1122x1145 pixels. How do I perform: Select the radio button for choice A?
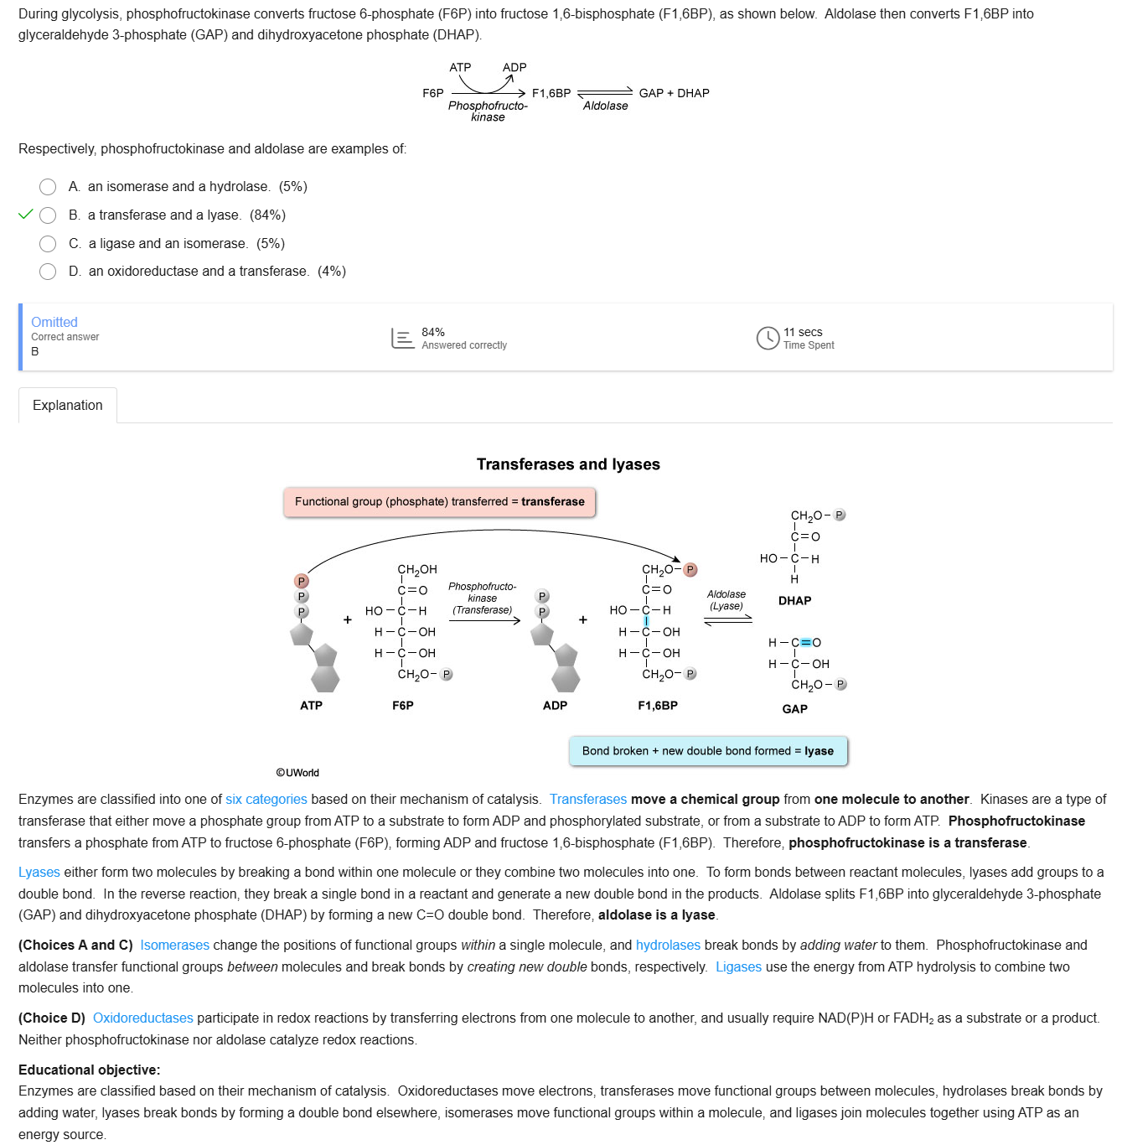point(48,187)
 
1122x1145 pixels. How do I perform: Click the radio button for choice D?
point(48,272)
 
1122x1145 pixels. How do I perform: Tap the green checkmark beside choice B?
point(26,215)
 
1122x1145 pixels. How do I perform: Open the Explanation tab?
point(68,406)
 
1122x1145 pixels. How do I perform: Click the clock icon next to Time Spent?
point(768,338)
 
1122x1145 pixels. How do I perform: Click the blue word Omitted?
point(54,322)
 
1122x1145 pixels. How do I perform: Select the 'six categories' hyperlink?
point(266,800)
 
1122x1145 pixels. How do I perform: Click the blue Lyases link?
point(39,873)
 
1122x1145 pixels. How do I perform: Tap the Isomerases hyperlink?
point(174,946)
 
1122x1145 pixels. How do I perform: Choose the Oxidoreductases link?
point(143,1018)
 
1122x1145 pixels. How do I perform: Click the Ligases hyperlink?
point(738,967)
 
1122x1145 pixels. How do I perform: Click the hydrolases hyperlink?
point(668,946)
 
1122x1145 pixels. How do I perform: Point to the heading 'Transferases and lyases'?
point(568,464)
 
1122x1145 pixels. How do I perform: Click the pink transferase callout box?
point(439,502)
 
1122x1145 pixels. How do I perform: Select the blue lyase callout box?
point(708,751)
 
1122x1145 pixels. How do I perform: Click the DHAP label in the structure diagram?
point(794,601)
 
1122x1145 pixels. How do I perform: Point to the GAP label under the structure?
point(794,709)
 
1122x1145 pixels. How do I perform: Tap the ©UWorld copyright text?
point(297,773)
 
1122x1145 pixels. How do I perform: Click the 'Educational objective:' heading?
point(89,1070)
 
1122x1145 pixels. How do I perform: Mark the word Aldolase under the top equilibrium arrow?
point(605,106)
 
